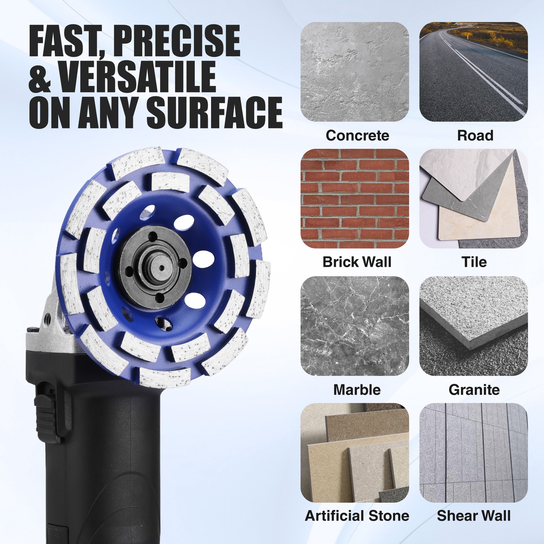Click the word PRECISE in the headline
[176, 40]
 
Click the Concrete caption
[357, 135]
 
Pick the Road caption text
[475, 135]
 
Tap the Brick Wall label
[357, 262]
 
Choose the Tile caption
[474, 262]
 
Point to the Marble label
[357, 390]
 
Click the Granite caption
[474, 390]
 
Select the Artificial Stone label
[357, 516]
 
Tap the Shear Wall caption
[474, 516]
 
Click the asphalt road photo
[474, 72]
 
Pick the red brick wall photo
[355, 199]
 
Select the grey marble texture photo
[355, 326]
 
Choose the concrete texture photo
[355, 72]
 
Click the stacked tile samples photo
[474, 199]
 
